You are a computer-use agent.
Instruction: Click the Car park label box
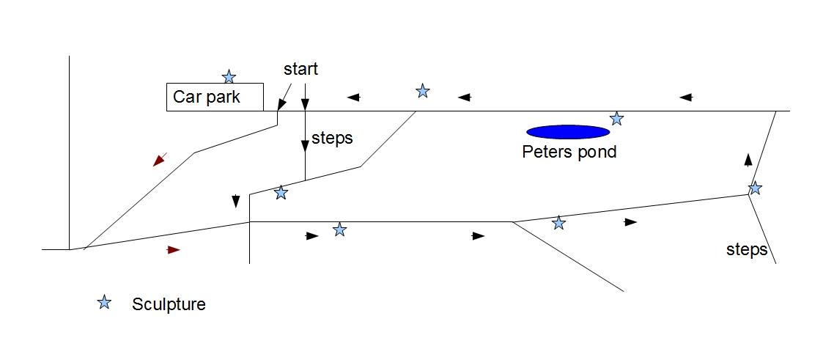pyautogui.click(x=215, y=97)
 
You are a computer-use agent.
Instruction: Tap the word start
pyautogui.click(x=300, y=69)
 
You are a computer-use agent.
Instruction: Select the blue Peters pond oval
pyautogui.click(x=568, y=132)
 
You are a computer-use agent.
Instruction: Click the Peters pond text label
pyautogui.click(x=569, y=153)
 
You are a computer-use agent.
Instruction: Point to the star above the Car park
pyautogui.click(x=229, y=77)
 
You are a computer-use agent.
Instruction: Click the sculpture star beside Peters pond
pyautogui.click(x=617, y=119)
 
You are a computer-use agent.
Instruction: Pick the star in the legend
pyautogui.click(x=105, y=302)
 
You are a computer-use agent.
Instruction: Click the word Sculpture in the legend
pyautogui.click(x=169, y=304)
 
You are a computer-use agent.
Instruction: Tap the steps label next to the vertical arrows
pyautogui.click(x=332, y=139)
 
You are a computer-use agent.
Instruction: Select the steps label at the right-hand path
pyautogui.click(x=747, y=250)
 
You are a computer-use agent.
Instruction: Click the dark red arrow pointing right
pyautogui.click(x=174, y=250)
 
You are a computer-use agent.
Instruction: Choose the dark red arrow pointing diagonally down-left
pyautogui.click(x=160, y=159)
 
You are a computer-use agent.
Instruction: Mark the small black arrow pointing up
pyautogui.click(x=748, y=160)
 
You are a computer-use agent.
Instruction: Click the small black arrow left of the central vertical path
pyautogui.click(x=236, y=201)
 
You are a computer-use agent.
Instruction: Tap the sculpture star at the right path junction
pyautogui.click(x=755, y=188)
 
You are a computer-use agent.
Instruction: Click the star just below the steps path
pyautogui.click(x=281, y=193)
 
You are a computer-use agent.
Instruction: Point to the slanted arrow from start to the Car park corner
pyautogui.click(x=284, y=97)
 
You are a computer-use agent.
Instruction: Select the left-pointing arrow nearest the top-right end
pyautogui.click(x=686, y=97)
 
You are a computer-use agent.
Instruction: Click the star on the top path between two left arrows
pyautogui.click(x=423, y=92)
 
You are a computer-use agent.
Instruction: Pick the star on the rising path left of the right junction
pyautogui.click(x=559, y=223)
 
